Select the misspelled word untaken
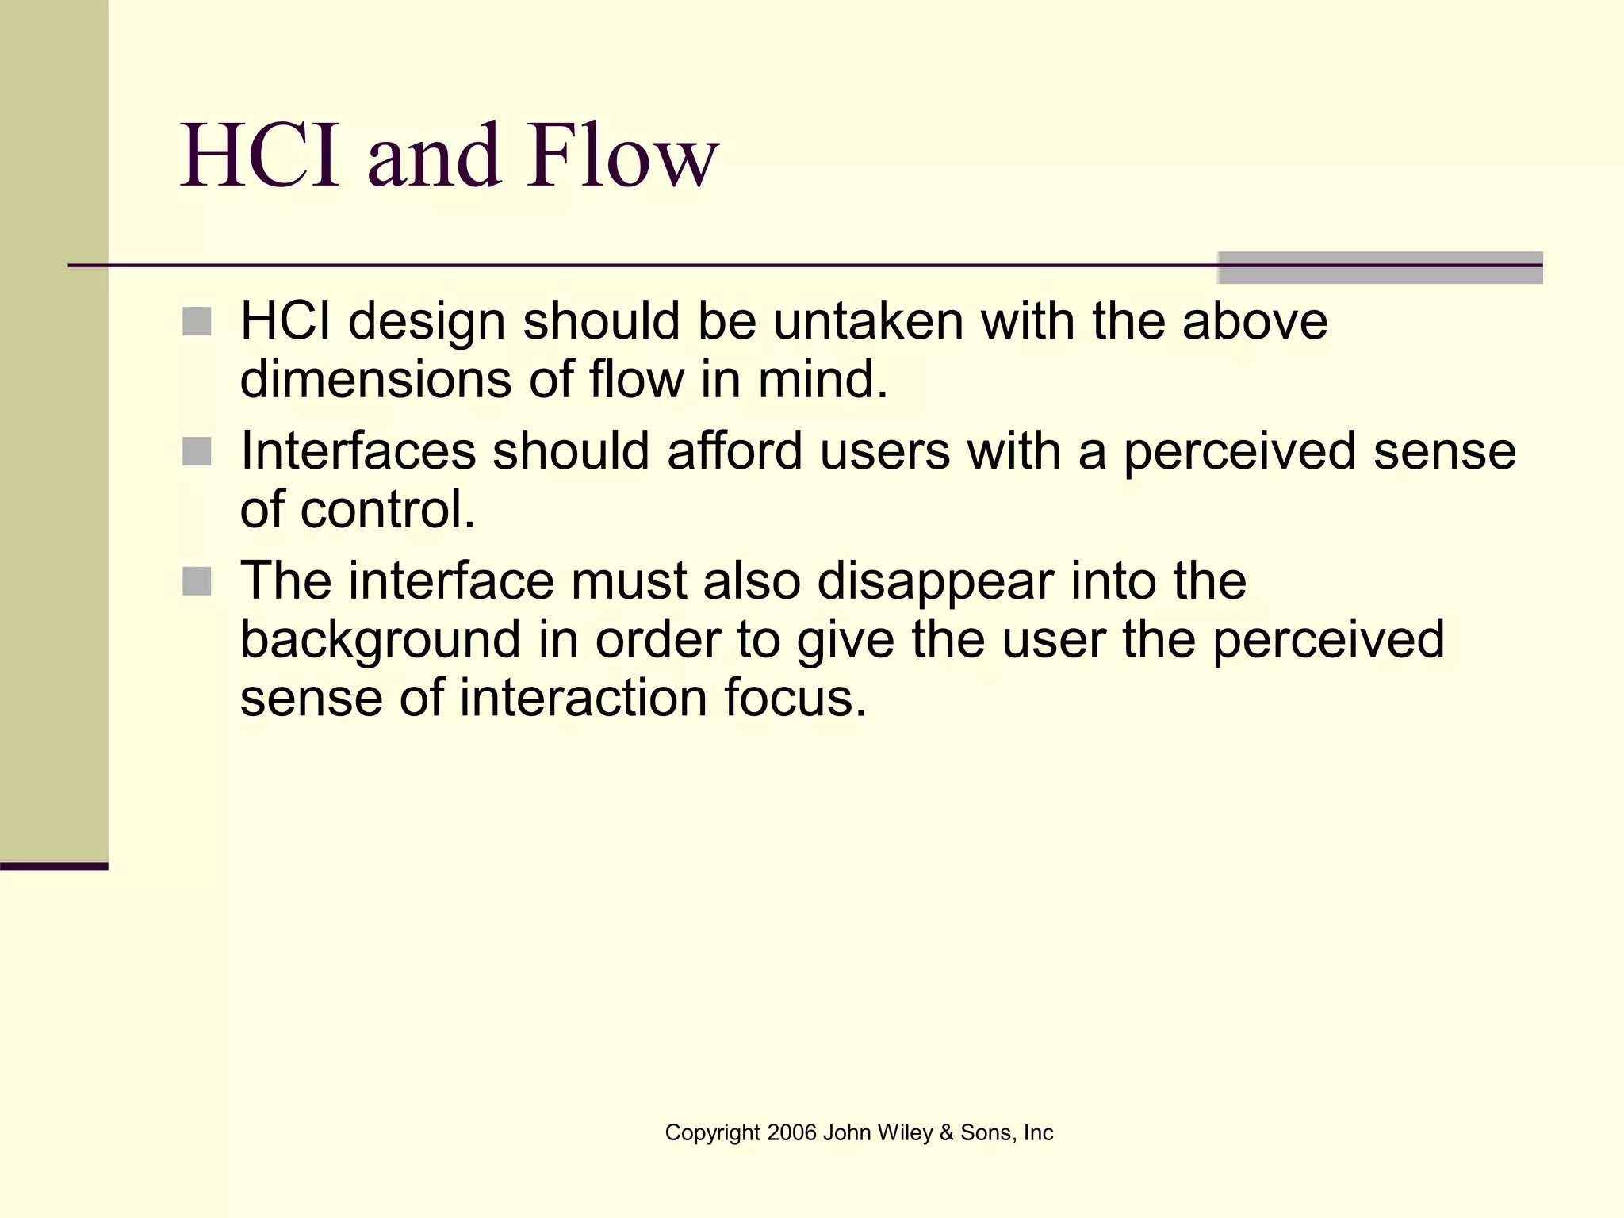pyautogui.click(x=868, y=321)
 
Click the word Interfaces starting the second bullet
pyautogui.click(x=358, y=450)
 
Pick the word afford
pyautogui.click(x=735, y=450)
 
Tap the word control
pyautogui.click(x=387, y=509)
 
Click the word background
pyautogui.click(x=380, y=639)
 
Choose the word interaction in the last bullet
pyautogui.click(x=583, y=698)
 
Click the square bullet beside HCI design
pyautogui.click(x=197, y=322)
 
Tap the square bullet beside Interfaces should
pyautogui.click(x=197, y=451)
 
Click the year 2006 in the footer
pyautogui.click(x=791, y=1132)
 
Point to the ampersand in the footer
pyautogui.click(x=946, y=1132)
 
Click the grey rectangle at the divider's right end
pyautogui.click(x=1380, y=268)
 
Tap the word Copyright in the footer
pyautogui.click(x=712, y=1132)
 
